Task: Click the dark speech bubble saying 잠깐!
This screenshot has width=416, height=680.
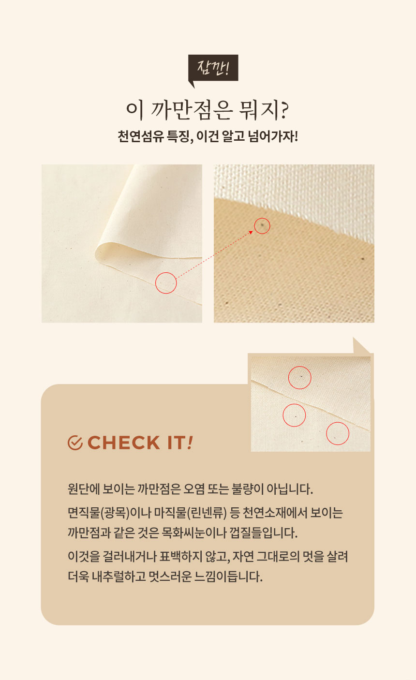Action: click(x=213, y=68)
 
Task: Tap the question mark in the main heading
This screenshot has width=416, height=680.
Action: click(x=284, y=110)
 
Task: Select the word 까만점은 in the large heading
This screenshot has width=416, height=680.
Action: click(x=192, y=110)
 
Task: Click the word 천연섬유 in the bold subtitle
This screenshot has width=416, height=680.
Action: click(x=141, y=136)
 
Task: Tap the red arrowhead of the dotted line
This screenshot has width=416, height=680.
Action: click(x=251, y=232)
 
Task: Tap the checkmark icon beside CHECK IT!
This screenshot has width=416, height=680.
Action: click(x=75, y=443)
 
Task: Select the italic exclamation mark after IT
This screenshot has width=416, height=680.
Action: click(x=190, y=443)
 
